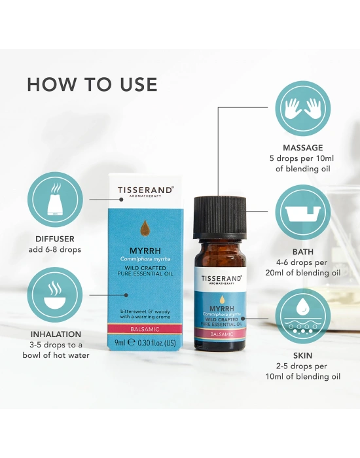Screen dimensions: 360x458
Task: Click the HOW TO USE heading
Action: [92, 84]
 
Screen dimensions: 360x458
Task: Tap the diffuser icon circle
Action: [55, 200]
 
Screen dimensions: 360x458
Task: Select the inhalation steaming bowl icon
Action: [55, 294]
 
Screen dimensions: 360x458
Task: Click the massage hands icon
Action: [302, 109]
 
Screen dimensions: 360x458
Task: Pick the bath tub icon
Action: [302, 213]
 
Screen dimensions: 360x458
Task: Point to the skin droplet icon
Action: [302, 316]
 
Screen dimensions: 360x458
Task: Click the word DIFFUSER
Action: [55, 239]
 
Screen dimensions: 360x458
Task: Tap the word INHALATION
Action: [56, 334]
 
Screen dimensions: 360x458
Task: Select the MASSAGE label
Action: [302, 148]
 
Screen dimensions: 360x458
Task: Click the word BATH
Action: [302, 252]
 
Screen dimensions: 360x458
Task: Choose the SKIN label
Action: [302, 356]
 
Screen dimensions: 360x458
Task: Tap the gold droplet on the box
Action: [145, 228]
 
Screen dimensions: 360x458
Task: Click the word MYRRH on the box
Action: [145, 251]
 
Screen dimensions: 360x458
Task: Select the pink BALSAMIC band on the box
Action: [145, 329]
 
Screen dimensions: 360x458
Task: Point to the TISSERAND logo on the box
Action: [145, 191]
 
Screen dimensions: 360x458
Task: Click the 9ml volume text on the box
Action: [120, 342]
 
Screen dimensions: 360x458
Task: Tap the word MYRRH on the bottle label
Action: [221, 308]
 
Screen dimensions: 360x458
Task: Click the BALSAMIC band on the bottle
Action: [221, 334]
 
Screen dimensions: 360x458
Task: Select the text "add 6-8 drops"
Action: [55, 250]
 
